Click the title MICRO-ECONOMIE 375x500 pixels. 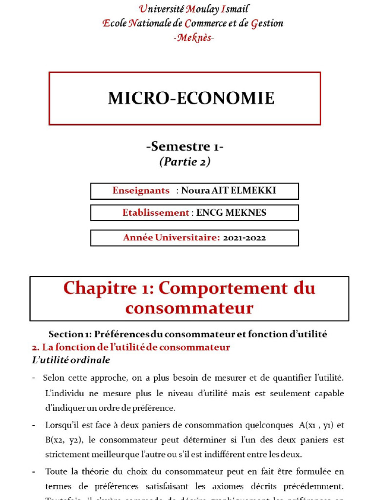point(191,98)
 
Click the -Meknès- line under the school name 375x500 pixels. point(193,38)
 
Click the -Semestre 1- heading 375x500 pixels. point(185,146)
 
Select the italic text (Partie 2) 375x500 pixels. point(185,162)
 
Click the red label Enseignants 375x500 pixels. point(141,191)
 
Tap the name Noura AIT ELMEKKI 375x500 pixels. point(229,191)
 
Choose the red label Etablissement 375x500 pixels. point(156,213)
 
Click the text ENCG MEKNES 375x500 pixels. point(231,213)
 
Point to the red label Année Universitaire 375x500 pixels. point(171,238)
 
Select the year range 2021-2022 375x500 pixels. point(244,238)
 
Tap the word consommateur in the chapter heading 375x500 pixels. point(189,309)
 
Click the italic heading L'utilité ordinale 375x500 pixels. point(71,360)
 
